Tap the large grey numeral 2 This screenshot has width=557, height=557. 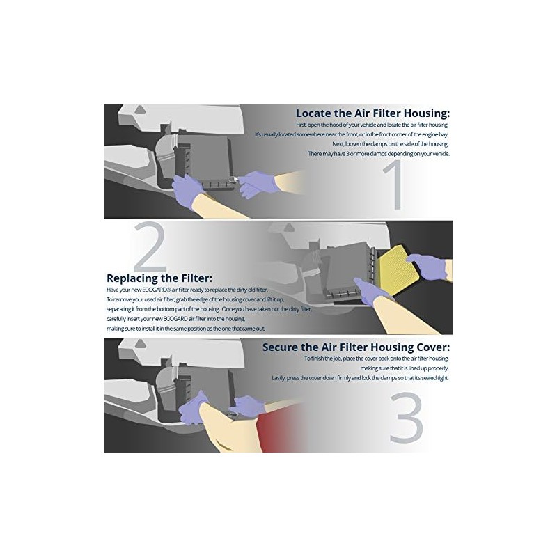click(150, 247)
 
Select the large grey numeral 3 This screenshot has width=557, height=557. click(407, 417)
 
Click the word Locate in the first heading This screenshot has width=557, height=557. click(313, 113)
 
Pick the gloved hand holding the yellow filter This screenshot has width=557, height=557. click(427, 267)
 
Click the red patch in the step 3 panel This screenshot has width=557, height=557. click(281, 429)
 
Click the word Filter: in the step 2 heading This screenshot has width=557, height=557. click(196, 278)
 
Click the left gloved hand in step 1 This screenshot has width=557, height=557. click(187, 192)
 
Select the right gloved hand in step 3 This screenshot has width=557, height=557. click(247, 406)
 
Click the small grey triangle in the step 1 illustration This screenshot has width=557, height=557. click(141, 110)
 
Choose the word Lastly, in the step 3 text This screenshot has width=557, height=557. click(278, 378)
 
